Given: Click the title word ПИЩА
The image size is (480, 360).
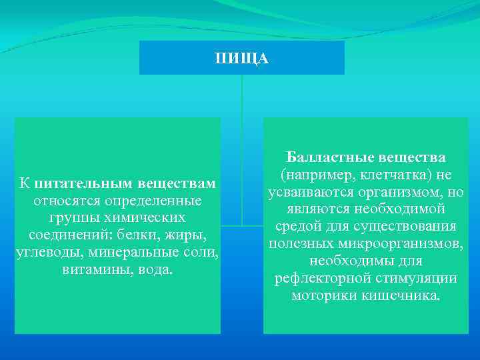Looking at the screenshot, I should coord(241,59).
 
